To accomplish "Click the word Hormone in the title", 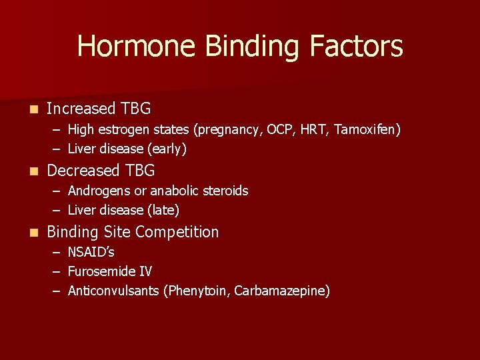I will (137, 47).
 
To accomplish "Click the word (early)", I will (167, 149).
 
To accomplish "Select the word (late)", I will (163, 211).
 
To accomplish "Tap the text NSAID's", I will (91, 253).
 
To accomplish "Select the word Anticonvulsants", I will (113, 291).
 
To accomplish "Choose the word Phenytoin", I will (197, 291).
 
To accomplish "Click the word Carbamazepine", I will (282, 291).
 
